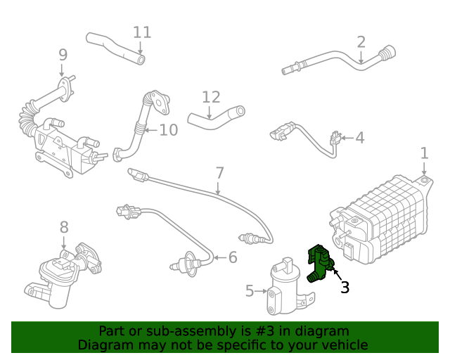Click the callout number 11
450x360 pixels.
pyautogui.click(x=142, y=32)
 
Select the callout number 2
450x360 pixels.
pyautogui.click(x=361, y=41)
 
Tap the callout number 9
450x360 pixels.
pyautogui.click(x=63, y=54)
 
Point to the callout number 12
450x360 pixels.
pyautogui.click(x=211, y=97)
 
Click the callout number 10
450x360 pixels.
pyautogui.click(x=169, y=129)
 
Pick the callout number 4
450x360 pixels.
pyautogui.click(x=359, y=137)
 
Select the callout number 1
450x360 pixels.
pyautogui.click(x=424, y=153)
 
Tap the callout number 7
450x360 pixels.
pyautogui.click(x=219, y=172)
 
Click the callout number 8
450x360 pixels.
pyautogui.click(x=64, y=227)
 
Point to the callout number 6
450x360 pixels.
pyautogui.click(x=233, y=257)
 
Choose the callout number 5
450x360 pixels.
pyautogui.click(x=250, y=290)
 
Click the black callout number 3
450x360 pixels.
pyautogui.click(x=345, y=286)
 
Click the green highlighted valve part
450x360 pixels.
pyautogui.click(x=319, y=262)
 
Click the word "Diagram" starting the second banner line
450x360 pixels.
pyautogui.click(x=104, y=345)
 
